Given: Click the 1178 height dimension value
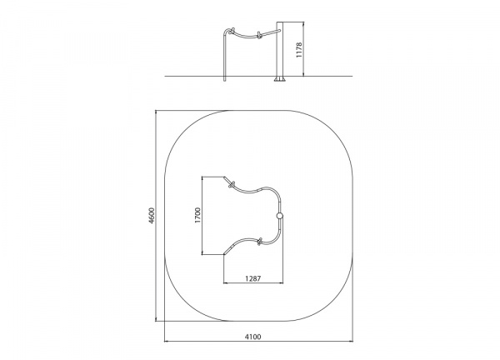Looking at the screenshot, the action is [299, 50].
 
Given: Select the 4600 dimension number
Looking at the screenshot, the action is [152, 216].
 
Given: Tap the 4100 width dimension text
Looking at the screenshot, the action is [252, 337].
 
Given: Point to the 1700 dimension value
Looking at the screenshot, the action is [198, 215].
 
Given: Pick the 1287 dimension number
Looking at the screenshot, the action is [252, 278].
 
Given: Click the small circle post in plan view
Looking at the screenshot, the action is [280, 216].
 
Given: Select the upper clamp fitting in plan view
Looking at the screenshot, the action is [231, 185].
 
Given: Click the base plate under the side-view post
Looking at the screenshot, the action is [280, 79].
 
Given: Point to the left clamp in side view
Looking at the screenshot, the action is [232, 31].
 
